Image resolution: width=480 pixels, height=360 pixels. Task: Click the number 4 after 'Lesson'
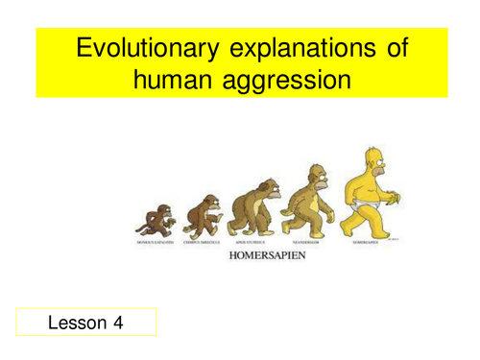point(118,323)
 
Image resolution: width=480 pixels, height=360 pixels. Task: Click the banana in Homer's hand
point(395,203)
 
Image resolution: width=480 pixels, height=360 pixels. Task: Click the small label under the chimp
point(203,243)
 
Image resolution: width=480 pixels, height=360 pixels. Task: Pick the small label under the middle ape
point(252,243)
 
